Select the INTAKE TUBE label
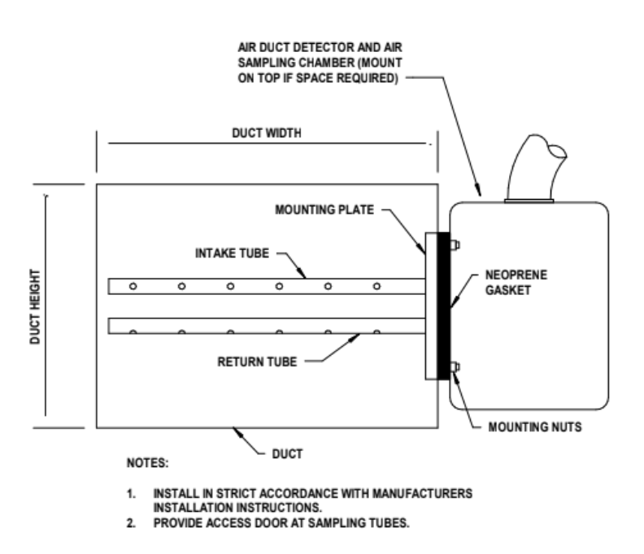point(233,253)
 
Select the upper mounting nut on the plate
point(454,244)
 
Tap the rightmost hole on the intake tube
point(376,286)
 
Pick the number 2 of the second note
point(128,522)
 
